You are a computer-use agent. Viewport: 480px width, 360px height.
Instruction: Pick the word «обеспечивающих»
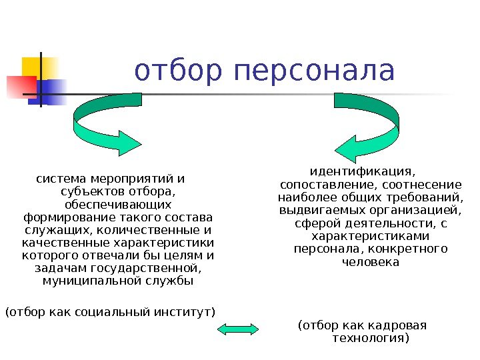tap(117, 204)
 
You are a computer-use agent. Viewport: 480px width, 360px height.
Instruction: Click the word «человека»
tap(370, 261)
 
